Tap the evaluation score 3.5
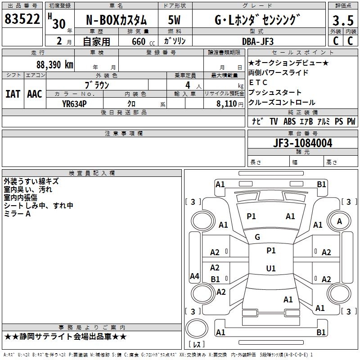[343, 21]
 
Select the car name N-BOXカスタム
[116, 21]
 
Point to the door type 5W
[175, 21]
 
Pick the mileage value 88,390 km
[54, 64]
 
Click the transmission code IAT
[13, 94]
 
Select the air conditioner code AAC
[35, 94]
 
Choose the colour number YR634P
[74, 103]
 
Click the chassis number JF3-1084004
[290, 144]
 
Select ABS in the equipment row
[289, 121]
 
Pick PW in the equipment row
[351, 121]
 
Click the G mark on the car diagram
[257, 237]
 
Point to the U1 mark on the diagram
[270, 269]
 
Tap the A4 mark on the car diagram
[194, 276]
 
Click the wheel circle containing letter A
[340, 221]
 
